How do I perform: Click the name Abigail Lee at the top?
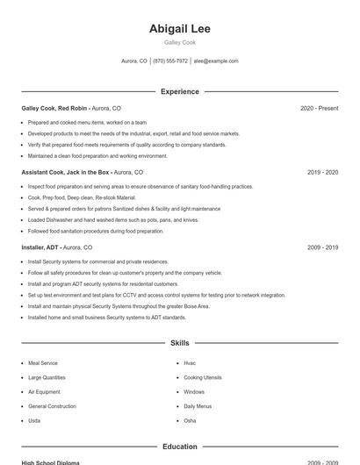179,28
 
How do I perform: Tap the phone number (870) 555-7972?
170,61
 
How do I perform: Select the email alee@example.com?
215,61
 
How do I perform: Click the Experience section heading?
179,91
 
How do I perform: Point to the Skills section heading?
179,343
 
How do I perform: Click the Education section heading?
179,447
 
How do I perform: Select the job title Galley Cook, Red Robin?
55,108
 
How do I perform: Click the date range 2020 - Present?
319,108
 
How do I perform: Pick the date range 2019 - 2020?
322,173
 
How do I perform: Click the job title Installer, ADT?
40,248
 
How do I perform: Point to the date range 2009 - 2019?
322,248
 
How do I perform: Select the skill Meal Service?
43,362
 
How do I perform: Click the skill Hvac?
190,362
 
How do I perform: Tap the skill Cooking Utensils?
203,377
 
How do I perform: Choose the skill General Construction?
52,406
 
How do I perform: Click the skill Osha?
190,421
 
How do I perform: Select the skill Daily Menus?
198,406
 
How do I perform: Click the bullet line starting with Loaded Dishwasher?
113,220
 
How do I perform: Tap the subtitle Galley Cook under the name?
179,42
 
